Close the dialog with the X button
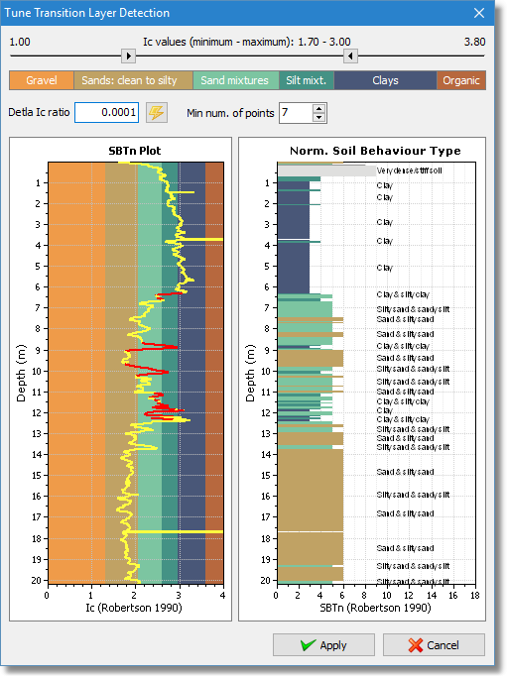478,13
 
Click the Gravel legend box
42,81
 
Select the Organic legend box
461,81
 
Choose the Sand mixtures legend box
234,81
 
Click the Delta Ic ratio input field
106,113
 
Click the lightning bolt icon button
157,113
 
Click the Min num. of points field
295,113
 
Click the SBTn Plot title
134,151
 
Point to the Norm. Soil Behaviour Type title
361,151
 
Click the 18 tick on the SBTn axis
474,595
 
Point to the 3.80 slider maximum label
474,42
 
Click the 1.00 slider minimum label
21,42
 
